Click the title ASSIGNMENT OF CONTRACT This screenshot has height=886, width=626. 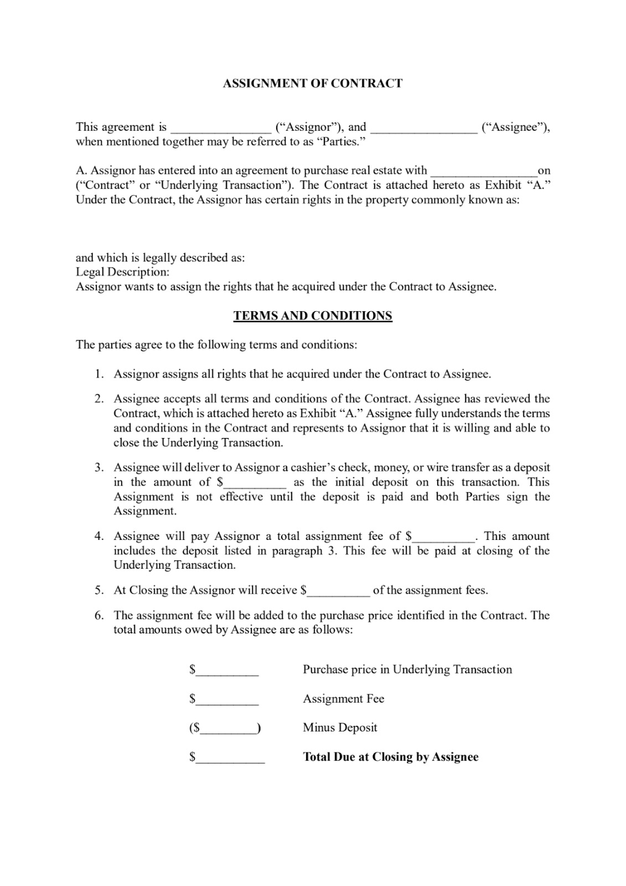[312, 84]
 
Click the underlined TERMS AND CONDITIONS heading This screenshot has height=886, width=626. [313, 316]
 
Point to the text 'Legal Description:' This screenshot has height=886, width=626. [123, 272]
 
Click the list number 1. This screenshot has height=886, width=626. [99, 374]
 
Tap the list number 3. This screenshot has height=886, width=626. [99, 468]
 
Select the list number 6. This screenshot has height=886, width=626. [99, 616]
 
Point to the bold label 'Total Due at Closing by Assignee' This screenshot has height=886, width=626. [390, 758]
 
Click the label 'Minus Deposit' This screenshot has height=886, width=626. [340, 728]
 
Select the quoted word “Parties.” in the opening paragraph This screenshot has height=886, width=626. [344, 142]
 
